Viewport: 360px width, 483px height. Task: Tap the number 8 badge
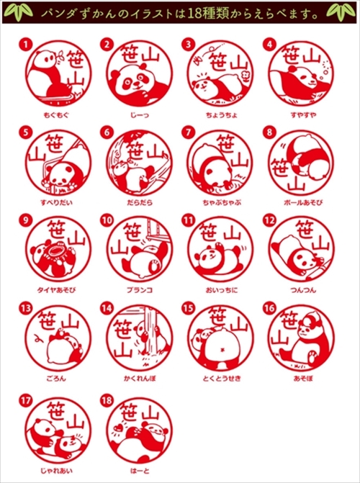point(269,132)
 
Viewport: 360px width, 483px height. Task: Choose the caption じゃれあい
point(55,468)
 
